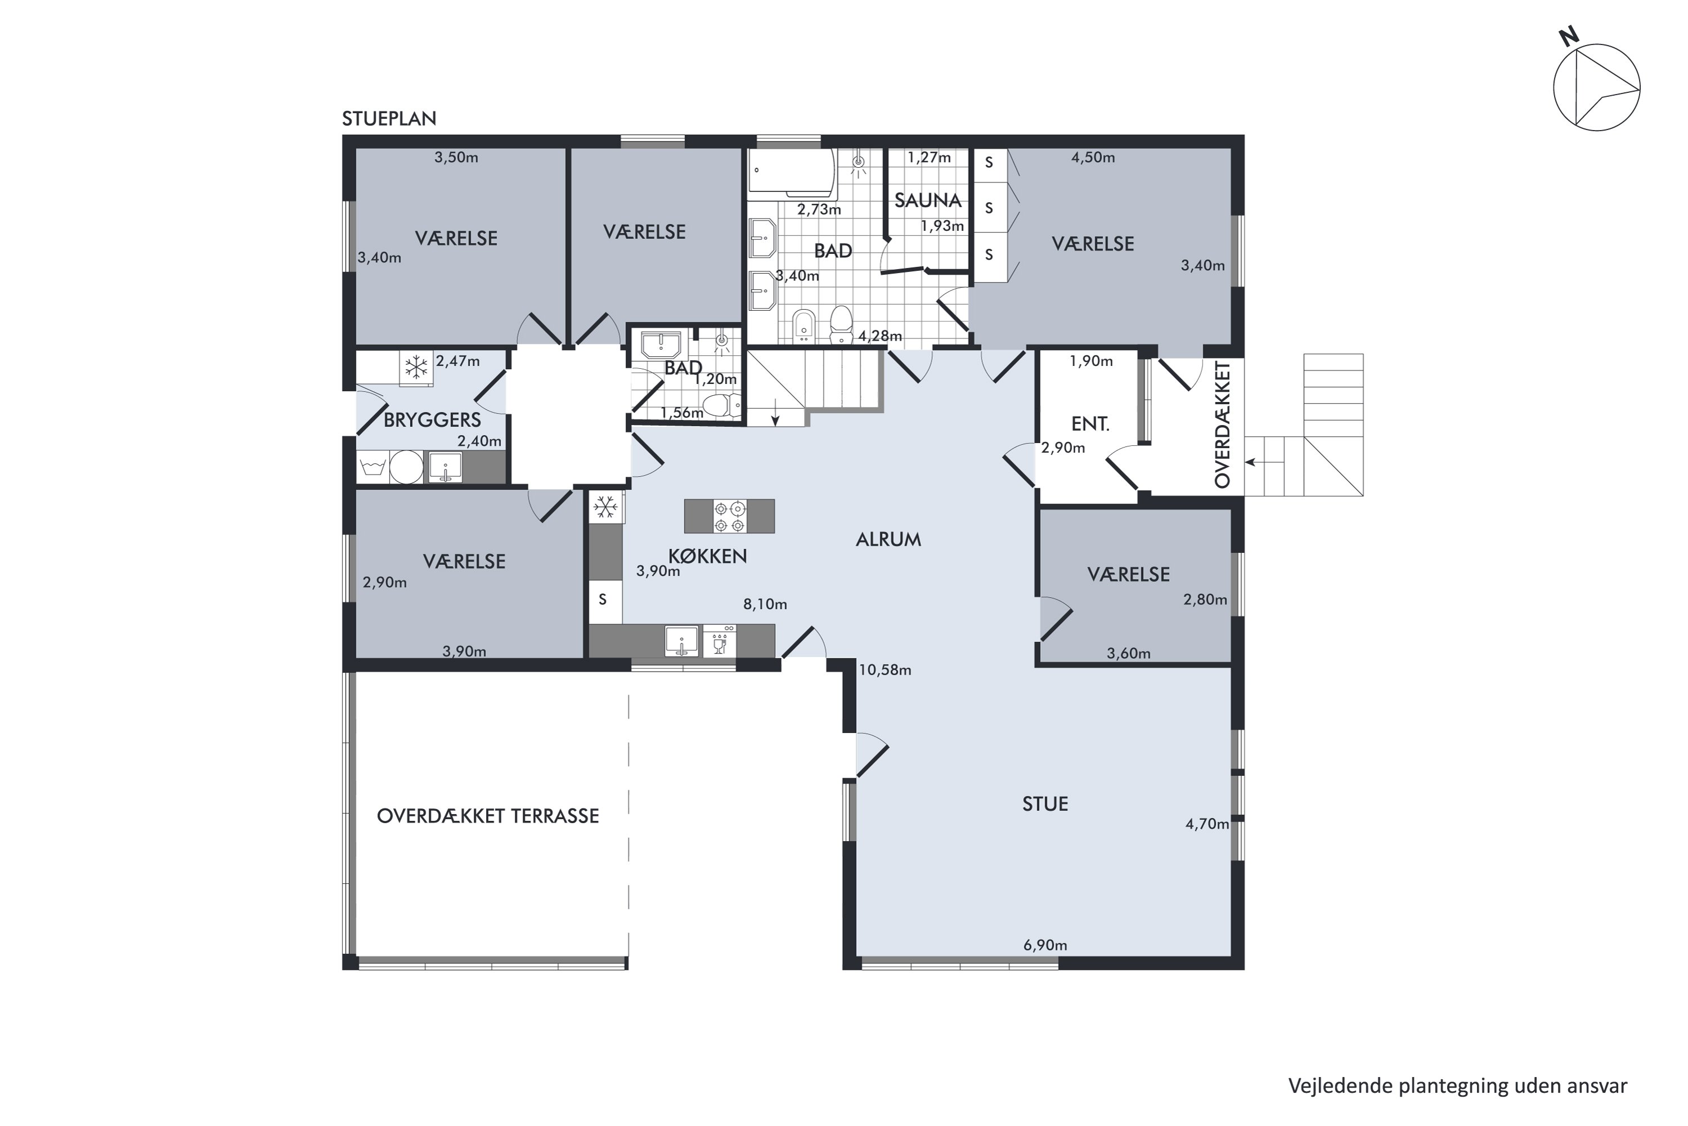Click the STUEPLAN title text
pos(389,118)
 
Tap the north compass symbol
pos(1596,87)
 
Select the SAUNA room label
pos(927,200)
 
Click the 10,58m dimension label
pos(885,670)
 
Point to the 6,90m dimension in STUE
pos(1045,945)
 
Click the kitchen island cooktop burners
pos(729,516)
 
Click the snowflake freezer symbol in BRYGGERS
pos(416,367)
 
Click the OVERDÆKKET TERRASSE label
pos(488,816)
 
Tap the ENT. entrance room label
pos(1090,424)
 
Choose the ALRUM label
pos(888,539)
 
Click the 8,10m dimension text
pos(765,604)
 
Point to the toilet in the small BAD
pos(722,405)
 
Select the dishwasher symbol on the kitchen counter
pos(719,641)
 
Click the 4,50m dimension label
pos(1093,157)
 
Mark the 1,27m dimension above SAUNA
pos(929,157)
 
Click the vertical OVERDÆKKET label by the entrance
pos(1222,425)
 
